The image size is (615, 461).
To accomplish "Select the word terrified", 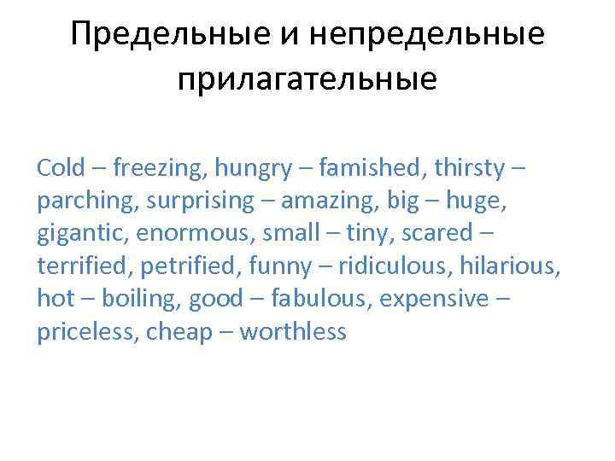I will point(79,266).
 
